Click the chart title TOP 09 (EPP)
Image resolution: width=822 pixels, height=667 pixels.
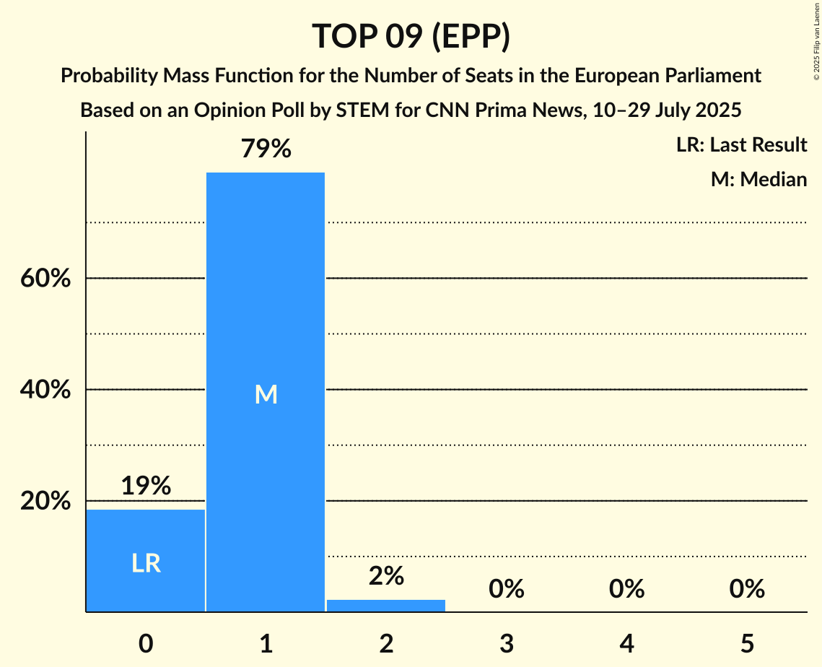[411, 36]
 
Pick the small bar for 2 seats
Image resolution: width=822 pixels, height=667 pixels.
[386, 605]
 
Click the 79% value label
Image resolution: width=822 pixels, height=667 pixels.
[266, 149]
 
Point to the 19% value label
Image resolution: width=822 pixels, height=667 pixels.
[146, 486]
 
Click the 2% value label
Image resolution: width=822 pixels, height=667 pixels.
[386, 575]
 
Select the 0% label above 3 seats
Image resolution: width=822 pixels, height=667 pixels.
[507, 589]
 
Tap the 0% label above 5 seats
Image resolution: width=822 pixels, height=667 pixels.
[747, 589]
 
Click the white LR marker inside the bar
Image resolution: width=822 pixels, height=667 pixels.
[146, 563]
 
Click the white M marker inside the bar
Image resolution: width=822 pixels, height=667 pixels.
[266, 394]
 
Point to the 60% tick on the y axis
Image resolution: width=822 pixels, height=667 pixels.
[45, 278]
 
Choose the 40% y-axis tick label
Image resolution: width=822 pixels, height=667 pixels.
[45, 390]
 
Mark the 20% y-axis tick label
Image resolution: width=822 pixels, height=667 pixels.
[45, 501]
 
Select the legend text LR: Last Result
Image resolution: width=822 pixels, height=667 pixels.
[741, 145]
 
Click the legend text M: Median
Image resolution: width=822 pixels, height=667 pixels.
[758, 179]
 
